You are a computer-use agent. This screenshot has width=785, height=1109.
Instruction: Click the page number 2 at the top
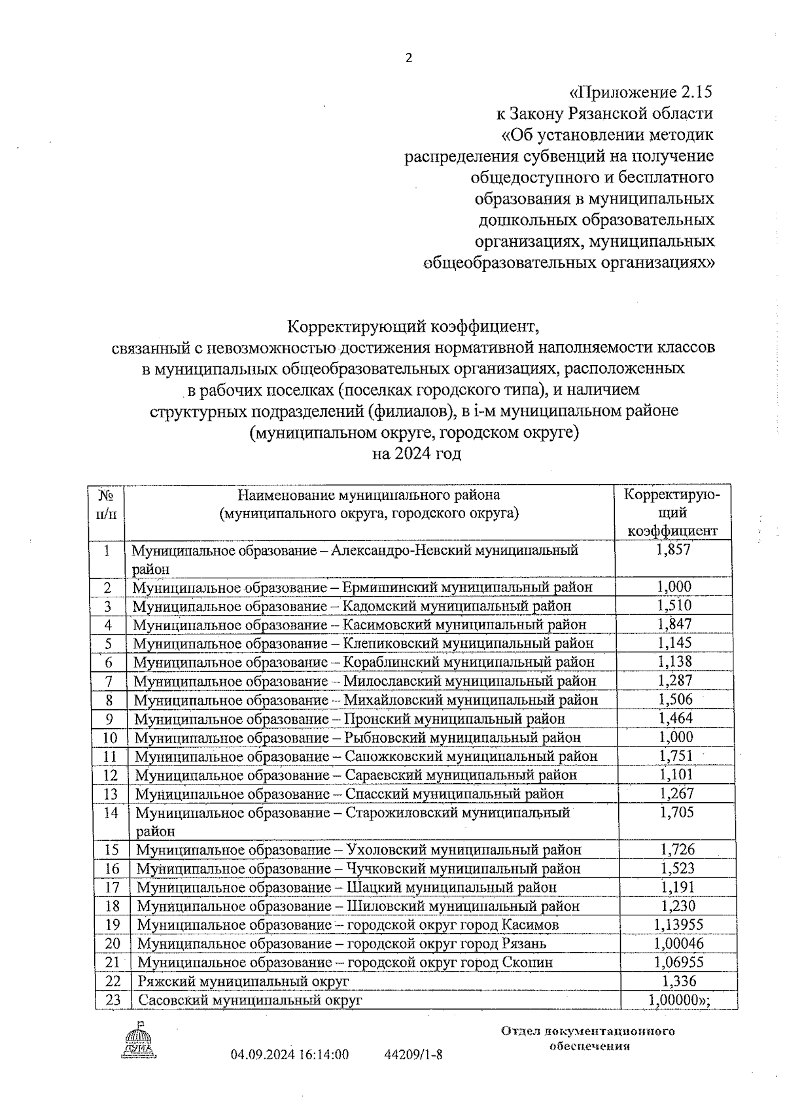pos(410,58)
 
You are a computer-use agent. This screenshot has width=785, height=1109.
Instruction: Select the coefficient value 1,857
pos(673,550)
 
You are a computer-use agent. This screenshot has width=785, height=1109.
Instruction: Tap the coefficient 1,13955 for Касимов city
pos(678,924)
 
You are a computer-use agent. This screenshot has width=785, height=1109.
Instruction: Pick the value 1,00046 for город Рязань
pos(678,943)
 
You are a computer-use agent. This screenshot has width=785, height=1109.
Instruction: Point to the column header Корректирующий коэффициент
pos(672,512)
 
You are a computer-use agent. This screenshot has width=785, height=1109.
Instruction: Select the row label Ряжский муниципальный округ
pos(243,981)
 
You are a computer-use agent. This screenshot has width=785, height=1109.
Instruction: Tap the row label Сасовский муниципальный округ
pos(249,1000)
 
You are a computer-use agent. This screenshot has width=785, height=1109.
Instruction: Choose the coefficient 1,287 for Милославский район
pos(675,680)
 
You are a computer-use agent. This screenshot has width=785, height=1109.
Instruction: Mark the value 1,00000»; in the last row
pos(679,1000)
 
